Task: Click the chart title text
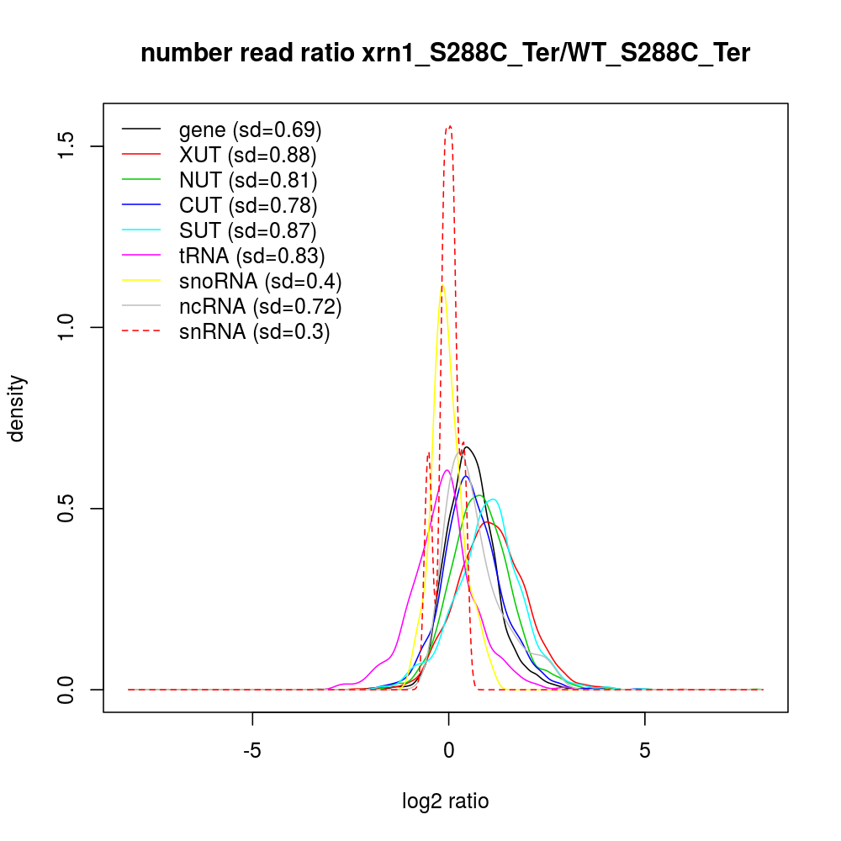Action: pyautogui.click(x=445, y=54)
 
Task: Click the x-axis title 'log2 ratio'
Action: pyautogui.click(x=445, y=801)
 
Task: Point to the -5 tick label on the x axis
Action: pyautogui.click(x=252, y=750)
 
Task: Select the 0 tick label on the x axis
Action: pyautogui.click(x=449, y=750)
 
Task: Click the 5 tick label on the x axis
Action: pyautogui.click(x=645, y=750)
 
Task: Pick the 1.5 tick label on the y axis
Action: pyautogui.click(x=67, y=146)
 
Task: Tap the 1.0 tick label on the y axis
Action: pyautogui.click(x=67, y=327)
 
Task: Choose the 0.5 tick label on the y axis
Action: pyautogui.click(x=67, y=509)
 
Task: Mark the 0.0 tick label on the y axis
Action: pyautogui.click(x=67, y=690)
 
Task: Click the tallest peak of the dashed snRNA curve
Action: pyautogui.click(x=450, y=126)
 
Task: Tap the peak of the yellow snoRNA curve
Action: pyautogui.click(x=442, y=286)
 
